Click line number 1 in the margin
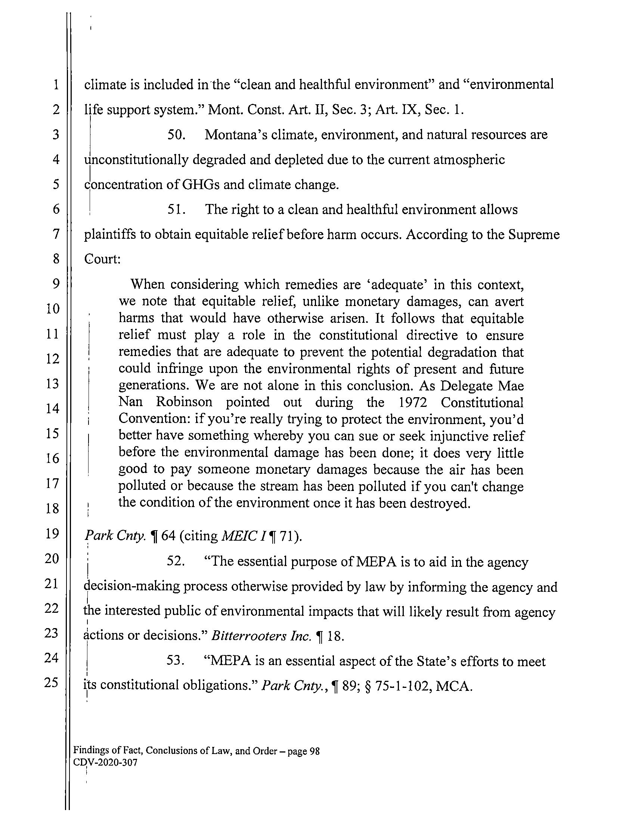tap(56, 85)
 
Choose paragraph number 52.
tap(176, 562)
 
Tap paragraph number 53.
tap(176, 661)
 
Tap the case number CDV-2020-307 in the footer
tap(105, 763)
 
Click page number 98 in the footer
tap(314, 751)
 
